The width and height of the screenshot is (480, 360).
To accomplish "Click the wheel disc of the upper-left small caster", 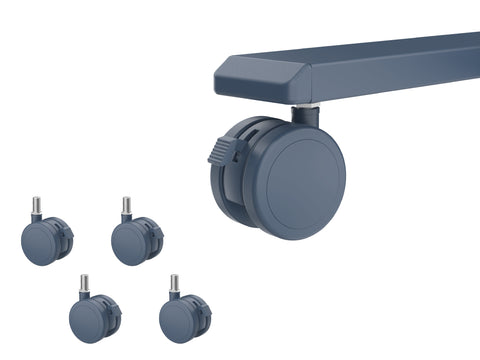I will pyautogui.click(x=39, y=242).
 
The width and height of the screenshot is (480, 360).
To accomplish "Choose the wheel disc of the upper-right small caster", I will pyautogui.click(x=129, y=243).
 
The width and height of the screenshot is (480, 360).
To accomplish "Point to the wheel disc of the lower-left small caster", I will pyautogui.click(x=87, y=320).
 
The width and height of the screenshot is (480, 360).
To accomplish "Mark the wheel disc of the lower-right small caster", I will pyautogui.click(x=177, y=321).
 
